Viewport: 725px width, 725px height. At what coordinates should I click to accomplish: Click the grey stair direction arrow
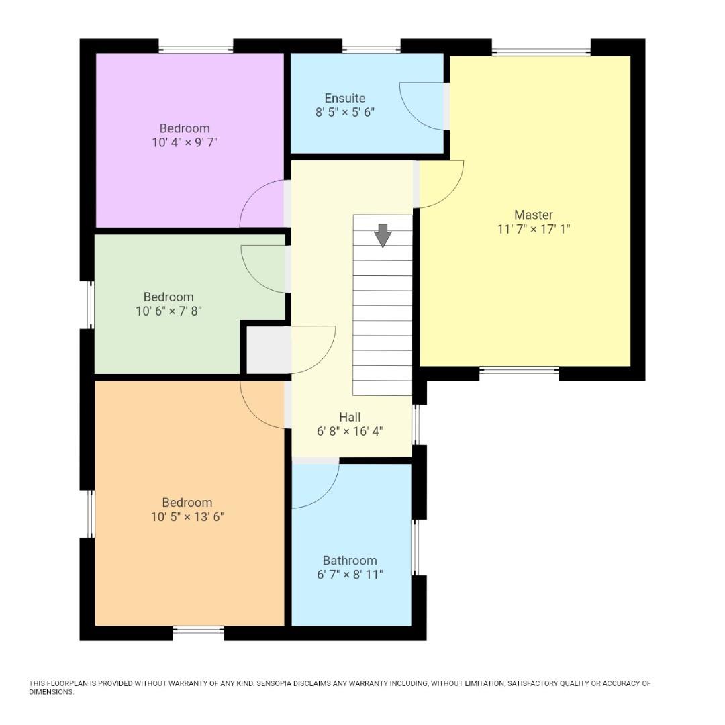pos(383,236)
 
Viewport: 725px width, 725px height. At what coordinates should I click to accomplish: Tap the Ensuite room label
pos(345,98)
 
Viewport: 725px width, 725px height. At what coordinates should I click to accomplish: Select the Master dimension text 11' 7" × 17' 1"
pos(534,229)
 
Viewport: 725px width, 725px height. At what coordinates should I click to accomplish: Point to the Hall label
pos(350,417)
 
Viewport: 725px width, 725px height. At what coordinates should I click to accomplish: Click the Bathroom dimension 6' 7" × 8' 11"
pos(350,575)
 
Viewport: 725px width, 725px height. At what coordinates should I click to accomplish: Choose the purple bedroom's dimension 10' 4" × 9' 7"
pos(185,142)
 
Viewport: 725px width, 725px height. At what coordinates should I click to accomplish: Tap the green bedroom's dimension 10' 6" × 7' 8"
pos(168,311)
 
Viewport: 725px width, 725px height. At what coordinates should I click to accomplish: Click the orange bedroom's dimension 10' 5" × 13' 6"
pos(187,516)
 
